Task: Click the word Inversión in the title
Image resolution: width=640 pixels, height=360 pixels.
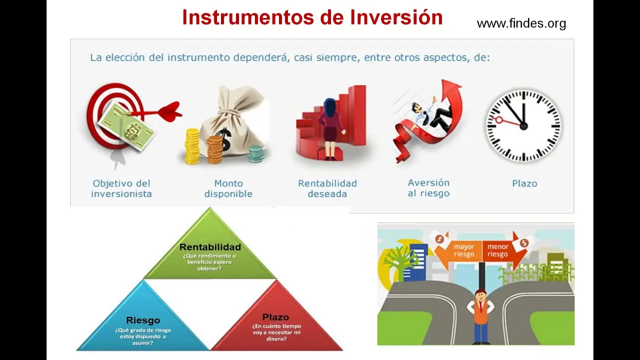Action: pos(396,17)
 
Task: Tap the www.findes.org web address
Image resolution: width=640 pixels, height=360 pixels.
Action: pos(521,23)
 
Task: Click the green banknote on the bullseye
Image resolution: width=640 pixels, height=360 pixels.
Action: pos(125,126)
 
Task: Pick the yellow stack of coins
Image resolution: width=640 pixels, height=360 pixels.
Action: pos(192,146)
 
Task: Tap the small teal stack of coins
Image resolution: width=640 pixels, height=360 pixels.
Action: pos(256,153)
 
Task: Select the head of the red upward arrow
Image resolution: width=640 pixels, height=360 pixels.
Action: pos(451,88)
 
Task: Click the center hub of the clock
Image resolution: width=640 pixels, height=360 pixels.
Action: pos(523,126)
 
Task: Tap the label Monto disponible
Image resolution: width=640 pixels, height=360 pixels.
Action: pos(228,188)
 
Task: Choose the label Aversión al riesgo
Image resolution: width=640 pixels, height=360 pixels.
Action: pos(428,188)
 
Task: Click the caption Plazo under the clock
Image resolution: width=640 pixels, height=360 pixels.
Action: pos(524,183)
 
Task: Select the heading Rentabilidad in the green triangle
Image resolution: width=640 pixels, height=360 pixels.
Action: pos(210,247)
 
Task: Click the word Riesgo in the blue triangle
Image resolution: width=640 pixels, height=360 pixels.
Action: pos(143,320)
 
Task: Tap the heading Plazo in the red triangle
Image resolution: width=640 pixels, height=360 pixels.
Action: pos(275,317)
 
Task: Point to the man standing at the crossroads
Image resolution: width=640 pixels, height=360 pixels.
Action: pos(480,316)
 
